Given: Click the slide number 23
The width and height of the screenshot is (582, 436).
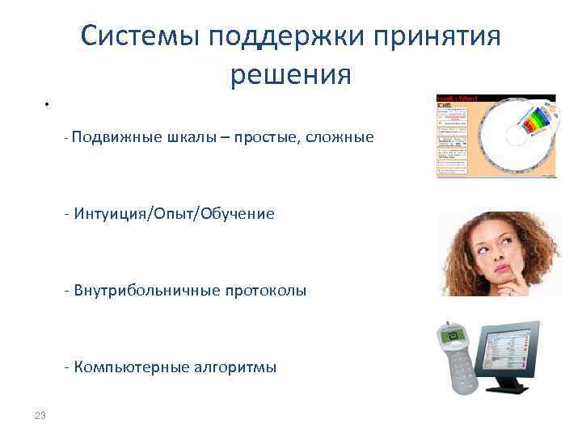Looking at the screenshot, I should point(40,416).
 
